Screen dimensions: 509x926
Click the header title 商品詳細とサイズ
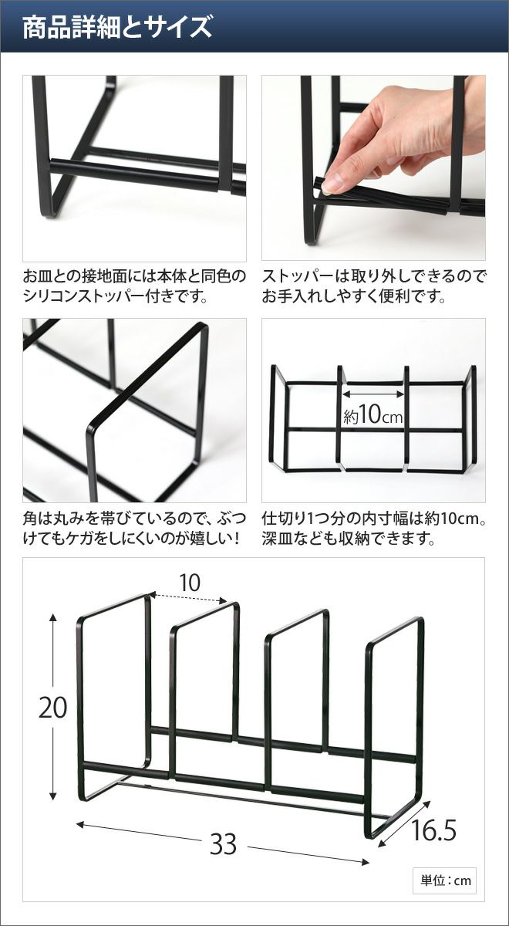(x=117, y=27)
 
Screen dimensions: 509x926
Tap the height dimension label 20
(x=52, y=708)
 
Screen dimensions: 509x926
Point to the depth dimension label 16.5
(x=433, y=819)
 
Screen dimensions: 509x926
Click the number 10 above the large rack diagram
(x=190, y=583)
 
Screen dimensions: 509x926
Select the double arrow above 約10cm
(x=372, y=394)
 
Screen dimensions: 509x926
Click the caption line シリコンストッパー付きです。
(x=116, y=296)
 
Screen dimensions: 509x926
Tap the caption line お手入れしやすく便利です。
(x=354, y=296)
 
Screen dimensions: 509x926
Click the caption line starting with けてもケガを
(x=131, y=539)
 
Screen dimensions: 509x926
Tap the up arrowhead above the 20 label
(x=53, y=618)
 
